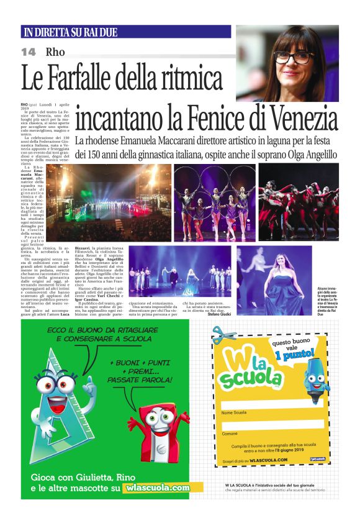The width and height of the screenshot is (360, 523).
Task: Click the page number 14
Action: (29, 52)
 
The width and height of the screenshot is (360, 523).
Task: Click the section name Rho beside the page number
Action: (55, 52)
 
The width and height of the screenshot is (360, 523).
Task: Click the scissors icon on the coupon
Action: (223, 336)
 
